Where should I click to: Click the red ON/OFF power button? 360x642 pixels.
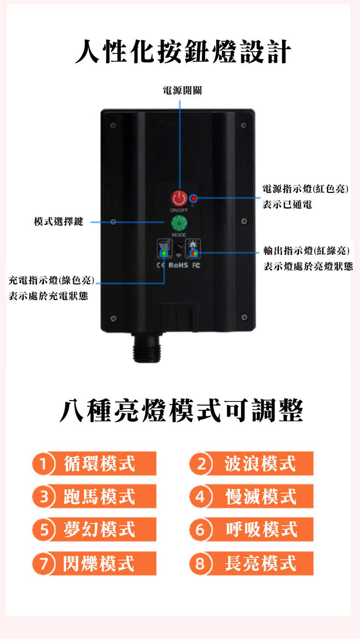[x=179, y=198]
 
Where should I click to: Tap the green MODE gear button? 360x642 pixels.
[x=179, y=223]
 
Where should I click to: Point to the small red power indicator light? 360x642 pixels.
[x=194, y=198]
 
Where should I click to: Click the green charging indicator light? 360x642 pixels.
[x=164, y=253]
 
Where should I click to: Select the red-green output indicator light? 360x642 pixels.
[x=194, y=253]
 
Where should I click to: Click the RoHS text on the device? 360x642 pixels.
[x=178, y=265]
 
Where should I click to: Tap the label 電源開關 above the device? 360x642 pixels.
[x=182, y=91]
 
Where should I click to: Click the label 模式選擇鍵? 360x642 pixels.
[x=58, y=222]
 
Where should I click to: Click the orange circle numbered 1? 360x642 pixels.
[x=43, y=463]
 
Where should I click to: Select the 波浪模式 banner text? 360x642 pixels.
[x=260, y=464]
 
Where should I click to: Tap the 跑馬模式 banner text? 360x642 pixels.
[x=99, y=497]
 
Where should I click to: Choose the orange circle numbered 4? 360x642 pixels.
[x=201, y=496]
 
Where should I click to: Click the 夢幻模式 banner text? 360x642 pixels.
[x=99, y=529]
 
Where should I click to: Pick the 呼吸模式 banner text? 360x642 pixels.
[x=262, y=529]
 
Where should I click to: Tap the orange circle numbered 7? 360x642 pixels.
[x=43, y=563]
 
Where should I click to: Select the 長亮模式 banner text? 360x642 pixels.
[x=260, y=563]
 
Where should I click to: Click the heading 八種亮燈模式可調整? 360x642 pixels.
[x=181, y=410]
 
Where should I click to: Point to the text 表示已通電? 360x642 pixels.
[x=287, y=205]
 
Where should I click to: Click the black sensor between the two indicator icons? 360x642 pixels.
[x=179, y=247]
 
